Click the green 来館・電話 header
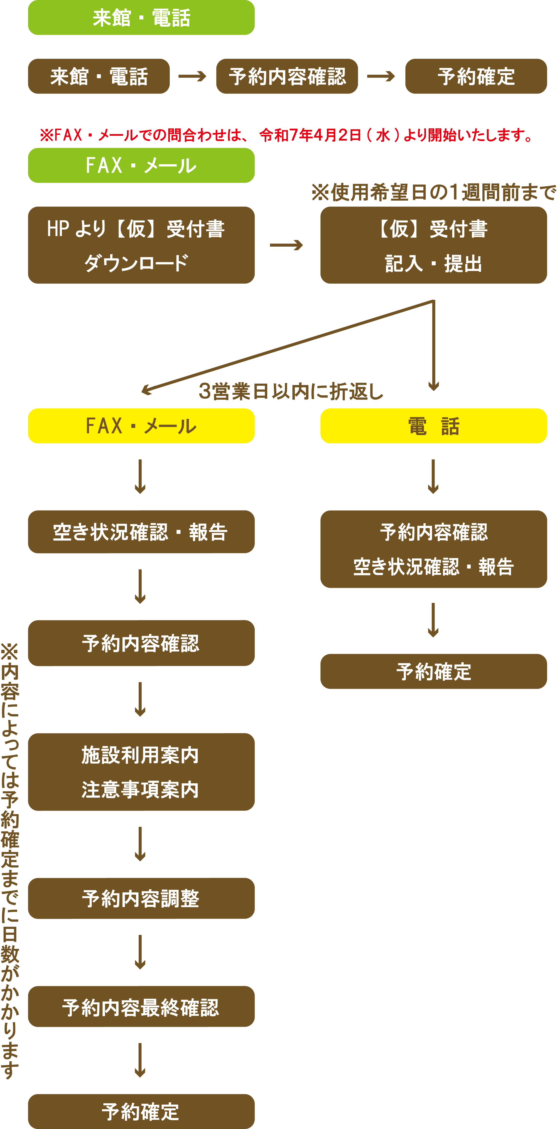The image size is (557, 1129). [141, 18]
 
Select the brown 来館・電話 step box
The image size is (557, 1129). [99, 76]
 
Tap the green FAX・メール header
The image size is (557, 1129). [141, 165]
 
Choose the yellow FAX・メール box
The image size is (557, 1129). [141, 426]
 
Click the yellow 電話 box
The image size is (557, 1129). [433, 426]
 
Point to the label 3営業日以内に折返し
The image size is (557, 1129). [290, 391]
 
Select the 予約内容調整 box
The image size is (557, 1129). [141, 898]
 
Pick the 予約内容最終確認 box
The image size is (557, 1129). [141, 1007]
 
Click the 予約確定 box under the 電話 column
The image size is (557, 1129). [433, 671]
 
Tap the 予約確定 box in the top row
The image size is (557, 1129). [476, 76]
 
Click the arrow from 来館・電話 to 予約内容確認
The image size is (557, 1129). [192, 76]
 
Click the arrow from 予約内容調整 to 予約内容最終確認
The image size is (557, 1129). [140, 952]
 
